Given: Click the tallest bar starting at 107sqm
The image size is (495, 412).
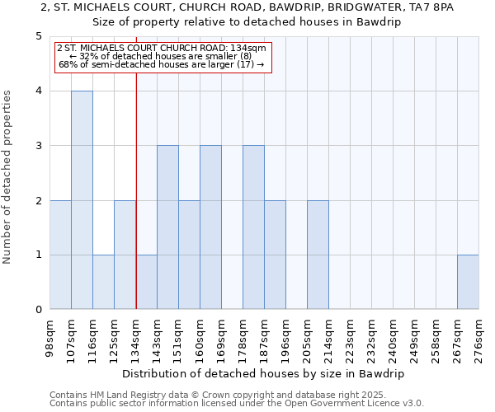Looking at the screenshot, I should [x=82, y=200].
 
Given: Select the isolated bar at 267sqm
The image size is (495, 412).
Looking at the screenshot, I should [x=468, y=282].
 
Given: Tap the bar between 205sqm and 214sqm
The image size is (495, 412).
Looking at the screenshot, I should [x=318, y=255].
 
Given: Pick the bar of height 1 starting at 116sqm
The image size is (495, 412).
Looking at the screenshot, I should [x=103, y=282].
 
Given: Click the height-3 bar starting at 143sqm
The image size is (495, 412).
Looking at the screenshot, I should [x=167, y=227].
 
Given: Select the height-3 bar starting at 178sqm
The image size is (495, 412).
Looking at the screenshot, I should [x=253, y=227].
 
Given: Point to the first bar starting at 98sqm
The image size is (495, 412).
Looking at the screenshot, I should [x=60, y=255].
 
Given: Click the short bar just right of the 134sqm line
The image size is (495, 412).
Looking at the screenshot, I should [x=146, y=282].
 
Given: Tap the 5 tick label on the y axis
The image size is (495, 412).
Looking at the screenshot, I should [x=38, y=36].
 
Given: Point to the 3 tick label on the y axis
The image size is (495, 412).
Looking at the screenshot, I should [x=38, y=146].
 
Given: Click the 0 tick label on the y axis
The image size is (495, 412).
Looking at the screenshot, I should [x=38, y=310].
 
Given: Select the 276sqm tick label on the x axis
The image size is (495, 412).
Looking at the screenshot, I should [x=478, y=338].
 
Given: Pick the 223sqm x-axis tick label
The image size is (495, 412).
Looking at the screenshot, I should [x=350, y=338].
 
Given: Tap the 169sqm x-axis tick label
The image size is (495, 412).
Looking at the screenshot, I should [x=221, y=338].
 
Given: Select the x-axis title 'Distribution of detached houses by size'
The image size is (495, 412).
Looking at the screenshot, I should [x=263, y=373].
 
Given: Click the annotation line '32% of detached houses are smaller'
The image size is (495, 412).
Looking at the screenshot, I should [x=160, y=56].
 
